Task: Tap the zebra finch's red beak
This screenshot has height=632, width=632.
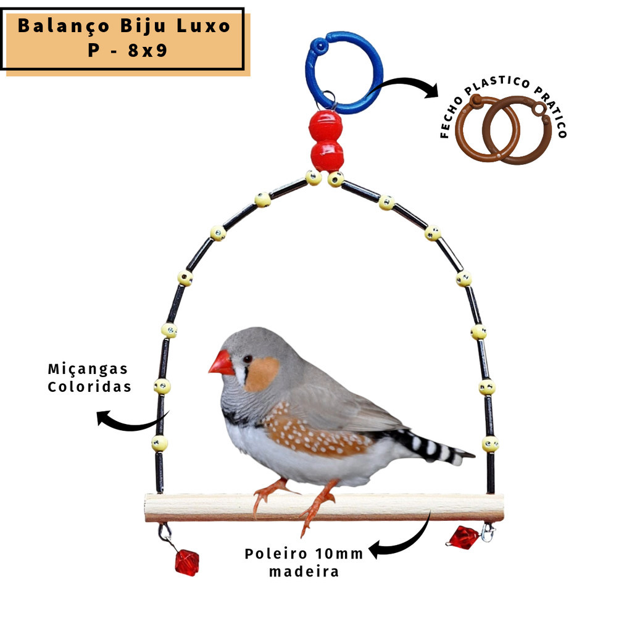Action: (222, 364)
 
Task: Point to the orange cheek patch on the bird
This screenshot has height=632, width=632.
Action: (262, 374)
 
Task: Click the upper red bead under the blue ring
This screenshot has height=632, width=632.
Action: (326, 125)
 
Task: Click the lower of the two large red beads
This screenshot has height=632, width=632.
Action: (327, 156)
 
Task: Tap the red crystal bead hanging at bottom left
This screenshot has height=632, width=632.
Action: (187, 562)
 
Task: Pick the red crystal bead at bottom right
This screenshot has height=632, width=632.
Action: (464, 538)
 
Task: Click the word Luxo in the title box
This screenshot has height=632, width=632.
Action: (203, 27)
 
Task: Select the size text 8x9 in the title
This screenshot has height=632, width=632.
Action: (148, 51)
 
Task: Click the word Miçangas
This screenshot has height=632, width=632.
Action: (88, 369)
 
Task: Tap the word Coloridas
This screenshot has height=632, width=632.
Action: (89, 387)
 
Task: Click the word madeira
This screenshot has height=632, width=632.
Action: (304, 572)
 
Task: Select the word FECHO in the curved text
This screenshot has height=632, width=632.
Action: (451, 117)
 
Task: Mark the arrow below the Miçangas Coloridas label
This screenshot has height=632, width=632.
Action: (129, 425)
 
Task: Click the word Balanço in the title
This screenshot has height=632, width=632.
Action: (64, 26)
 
